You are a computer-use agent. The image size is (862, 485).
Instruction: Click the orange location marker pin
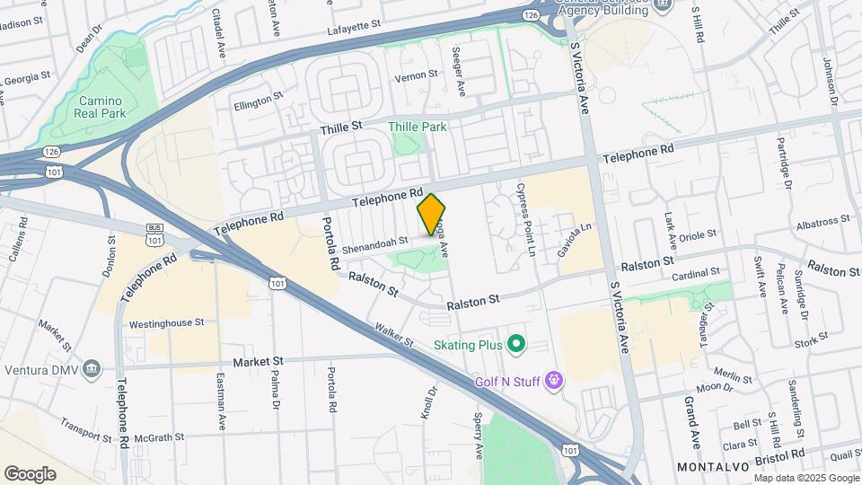click(432, 215)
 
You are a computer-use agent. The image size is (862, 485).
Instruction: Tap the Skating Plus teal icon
click(515, 343)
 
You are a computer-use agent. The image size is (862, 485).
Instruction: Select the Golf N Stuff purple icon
click(555, 382)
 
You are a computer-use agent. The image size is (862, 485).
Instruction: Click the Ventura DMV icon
click(92, 368)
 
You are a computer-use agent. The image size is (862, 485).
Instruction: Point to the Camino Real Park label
click(101, 107)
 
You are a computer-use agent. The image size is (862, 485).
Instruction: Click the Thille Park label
click(418, 127)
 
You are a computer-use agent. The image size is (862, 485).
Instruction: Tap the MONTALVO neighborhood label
click(713, 467)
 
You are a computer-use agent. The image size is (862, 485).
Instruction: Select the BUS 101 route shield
click(154, 235)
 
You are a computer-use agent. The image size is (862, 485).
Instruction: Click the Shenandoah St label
click(374, 241)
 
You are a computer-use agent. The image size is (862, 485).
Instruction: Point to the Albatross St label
click(822, 220)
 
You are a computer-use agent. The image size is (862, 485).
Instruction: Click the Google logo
click(31, 473)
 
